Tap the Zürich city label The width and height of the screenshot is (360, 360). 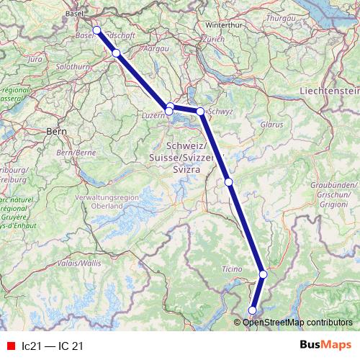213,39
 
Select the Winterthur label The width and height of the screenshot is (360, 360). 222,24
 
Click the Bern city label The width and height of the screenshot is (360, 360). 55,132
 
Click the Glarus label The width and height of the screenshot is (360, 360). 272,125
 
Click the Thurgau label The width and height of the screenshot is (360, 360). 282,16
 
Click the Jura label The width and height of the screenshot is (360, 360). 35,60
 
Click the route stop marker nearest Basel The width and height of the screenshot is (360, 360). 96,30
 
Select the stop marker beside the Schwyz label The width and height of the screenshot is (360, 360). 200,112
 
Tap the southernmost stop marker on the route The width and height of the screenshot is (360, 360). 252,310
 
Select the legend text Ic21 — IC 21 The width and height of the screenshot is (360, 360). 53,346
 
